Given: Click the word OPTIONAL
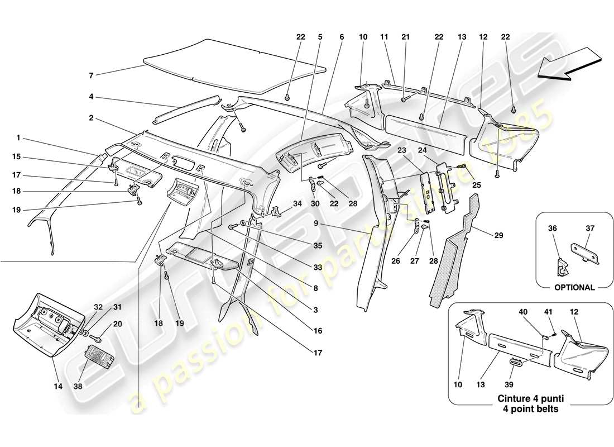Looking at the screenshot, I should click(x=575, y=287).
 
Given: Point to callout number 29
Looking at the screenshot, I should click(x=498, y=236).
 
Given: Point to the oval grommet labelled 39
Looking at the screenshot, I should click(x=516, y=364).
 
